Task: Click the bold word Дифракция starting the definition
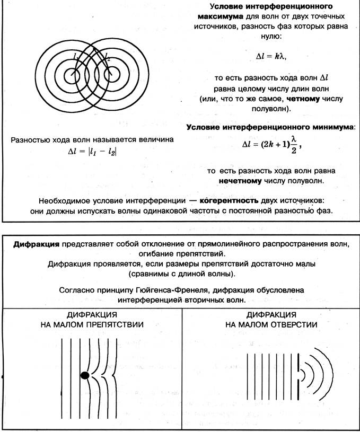coord(36,244)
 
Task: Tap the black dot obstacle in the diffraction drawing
coord(84,375)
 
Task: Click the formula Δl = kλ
coord(274,55)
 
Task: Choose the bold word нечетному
coord(240,181)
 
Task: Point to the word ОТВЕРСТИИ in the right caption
coord(291,324)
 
